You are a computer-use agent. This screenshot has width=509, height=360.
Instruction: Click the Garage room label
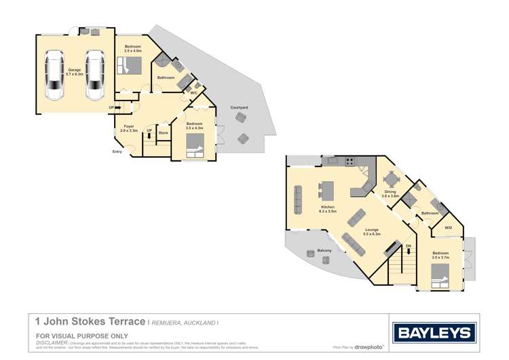[75, 71]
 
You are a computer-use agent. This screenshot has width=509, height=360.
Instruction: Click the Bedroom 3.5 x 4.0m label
[133, 49]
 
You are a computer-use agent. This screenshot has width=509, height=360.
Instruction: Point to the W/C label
[193, 92]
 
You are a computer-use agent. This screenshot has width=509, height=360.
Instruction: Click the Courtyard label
[238, 107]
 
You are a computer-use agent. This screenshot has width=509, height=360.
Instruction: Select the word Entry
[117, 151]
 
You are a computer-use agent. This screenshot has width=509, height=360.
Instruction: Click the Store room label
[163, 132]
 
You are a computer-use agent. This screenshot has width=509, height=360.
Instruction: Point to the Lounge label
[371, 232]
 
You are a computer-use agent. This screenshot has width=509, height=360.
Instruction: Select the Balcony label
[324, 251]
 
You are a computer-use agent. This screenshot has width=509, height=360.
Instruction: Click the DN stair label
[408, 245]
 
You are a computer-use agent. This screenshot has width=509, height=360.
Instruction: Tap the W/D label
[448, 228]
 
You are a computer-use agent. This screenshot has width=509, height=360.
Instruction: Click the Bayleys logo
[434, 332]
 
